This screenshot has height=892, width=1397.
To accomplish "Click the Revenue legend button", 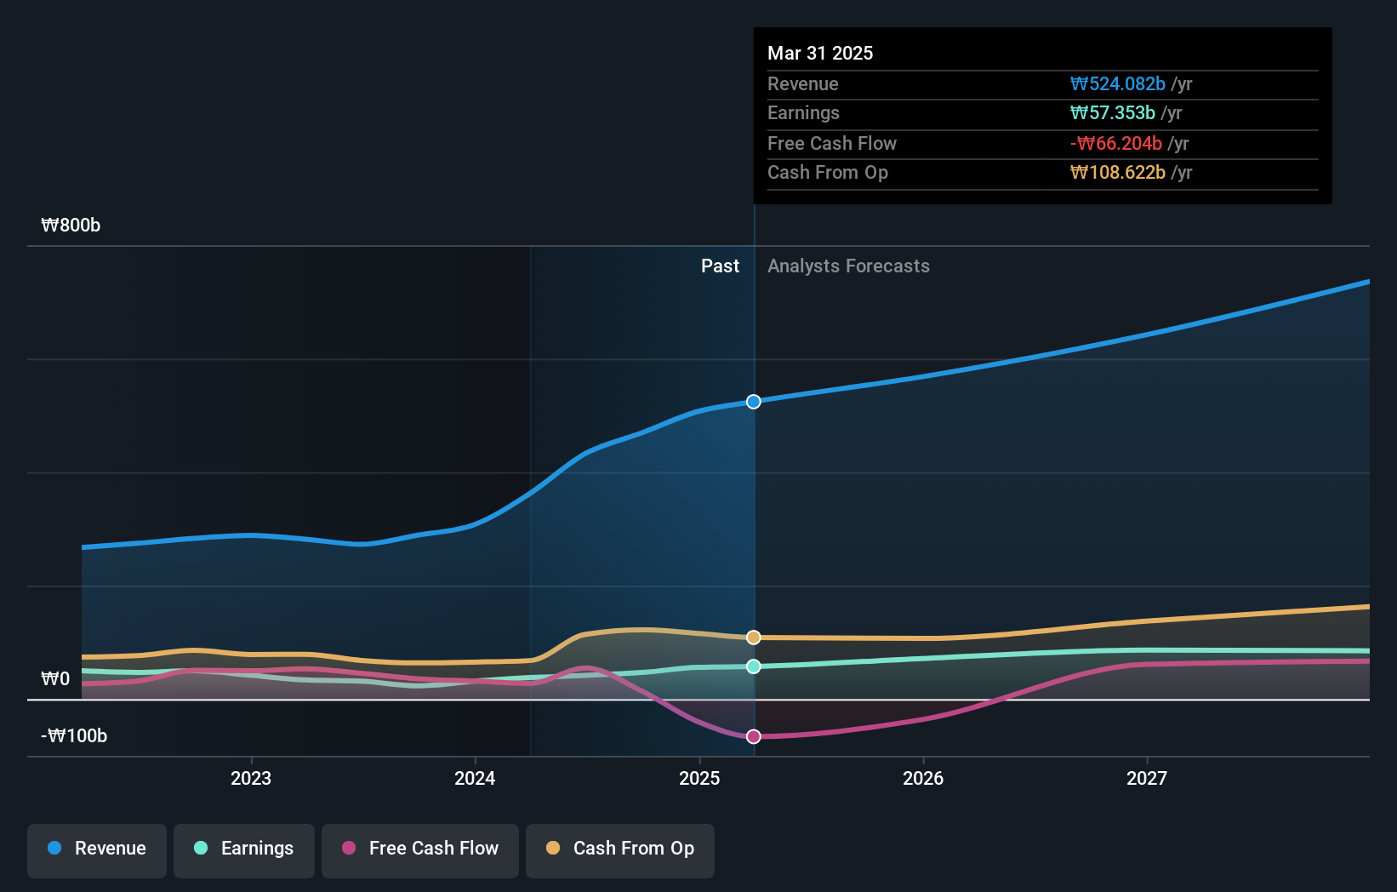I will [97, 849].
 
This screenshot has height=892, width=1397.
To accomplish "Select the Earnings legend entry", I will [244, 849].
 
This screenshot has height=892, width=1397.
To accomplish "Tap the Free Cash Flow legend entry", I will [420, 849].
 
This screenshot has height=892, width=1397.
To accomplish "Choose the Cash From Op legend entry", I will [620, 849].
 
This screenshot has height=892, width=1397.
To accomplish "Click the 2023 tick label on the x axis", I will [251, 778].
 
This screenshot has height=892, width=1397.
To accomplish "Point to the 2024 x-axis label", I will [475, 778].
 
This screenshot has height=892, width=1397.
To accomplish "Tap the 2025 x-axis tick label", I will [699, 778].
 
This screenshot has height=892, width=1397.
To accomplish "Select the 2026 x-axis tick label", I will [923, 778].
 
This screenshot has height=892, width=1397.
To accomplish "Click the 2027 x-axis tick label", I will [1147, 778].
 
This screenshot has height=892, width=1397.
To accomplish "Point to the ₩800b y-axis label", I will [71, 226].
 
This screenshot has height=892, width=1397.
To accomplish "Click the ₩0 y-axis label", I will [55, 679].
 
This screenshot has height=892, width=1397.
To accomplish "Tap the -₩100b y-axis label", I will [74, 736].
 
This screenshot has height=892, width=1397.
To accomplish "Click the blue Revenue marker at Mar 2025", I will [754, 402].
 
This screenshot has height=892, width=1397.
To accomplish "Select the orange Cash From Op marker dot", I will [754, 638].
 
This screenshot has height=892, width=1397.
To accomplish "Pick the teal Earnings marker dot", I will [754, 666].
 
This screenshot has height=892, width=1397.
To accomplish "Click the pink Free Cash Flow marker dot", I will [754, 737].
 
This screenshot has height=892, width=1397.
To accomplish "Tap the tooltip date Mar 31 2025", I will [820, 53].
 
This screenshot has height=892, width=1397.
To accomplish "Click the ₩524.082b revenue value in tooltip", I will [1117, 84].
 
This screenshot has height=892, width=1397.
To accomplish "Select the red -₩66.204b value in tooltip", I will [1115, 144].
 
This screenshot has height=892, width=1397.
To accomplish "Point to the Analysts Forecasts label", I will [848, 266].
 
